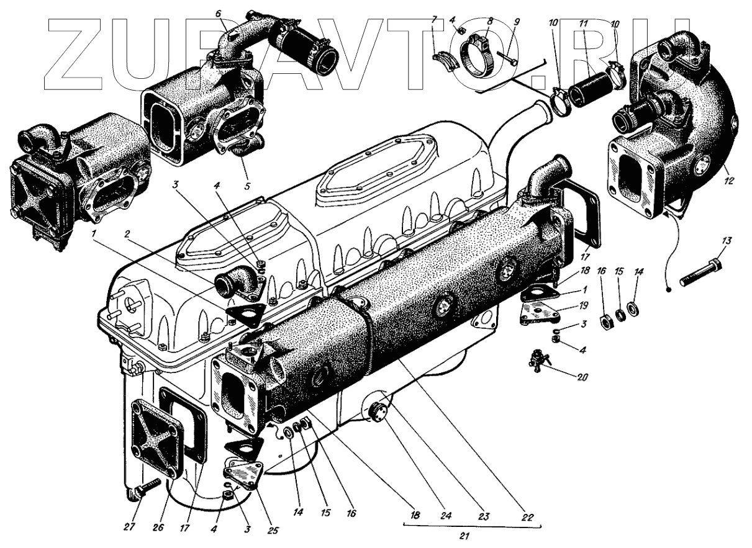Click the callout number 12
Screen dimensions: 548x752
click(728, 181)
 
